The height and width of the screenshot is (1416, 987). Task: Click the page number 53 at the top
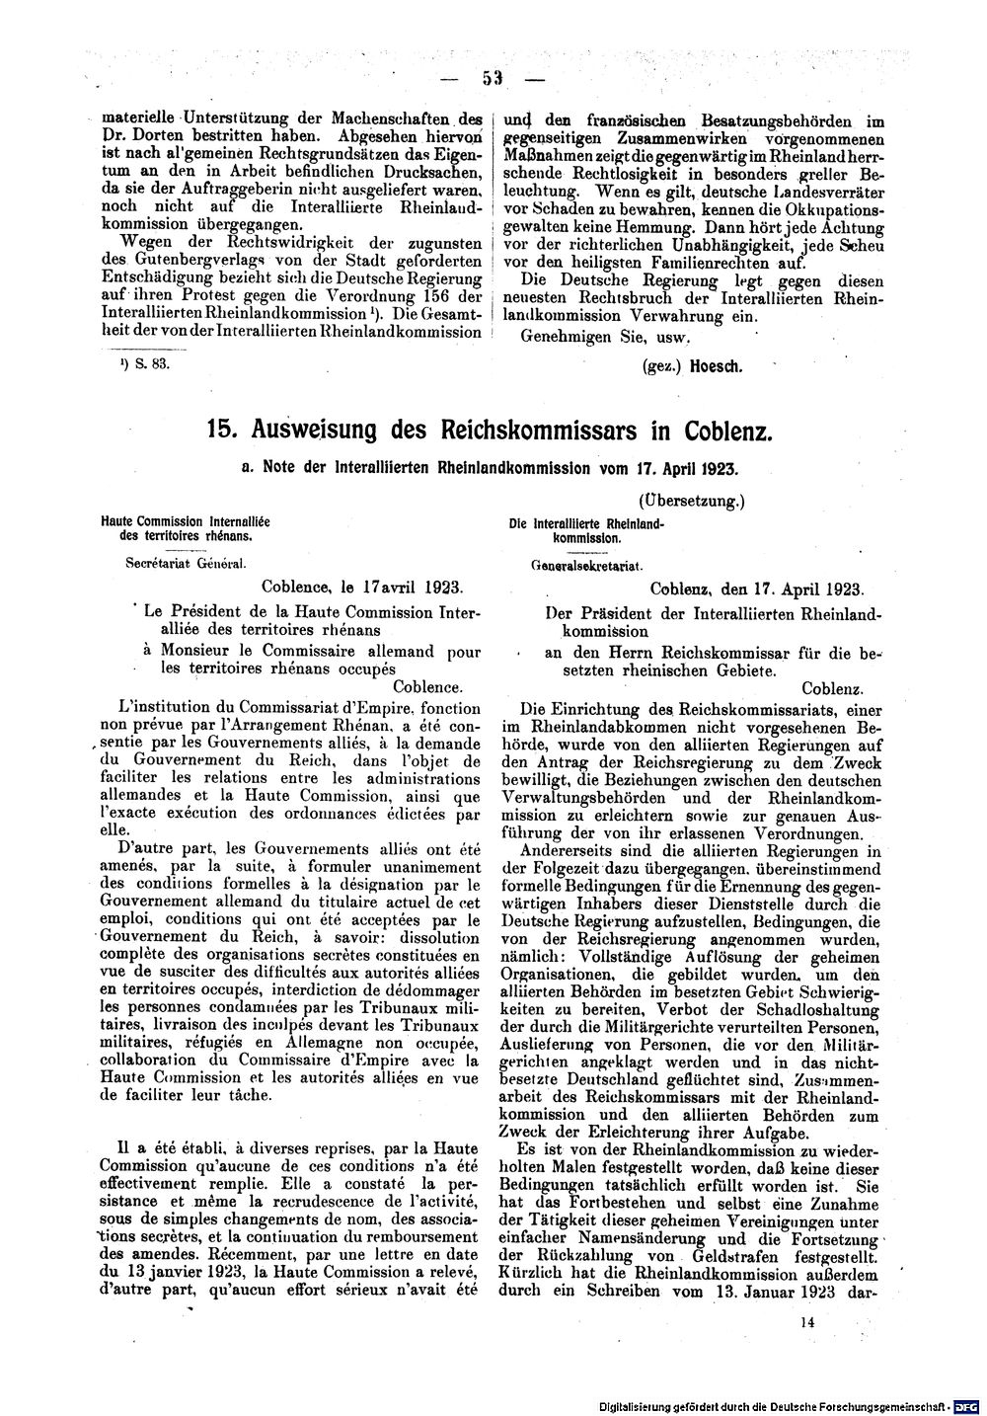[493, 78]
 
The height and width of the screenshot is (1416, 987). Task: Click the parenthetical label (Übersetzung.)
[691, 502]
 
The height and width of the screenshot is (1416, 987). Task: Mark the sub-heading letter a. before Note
[249, 468]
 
